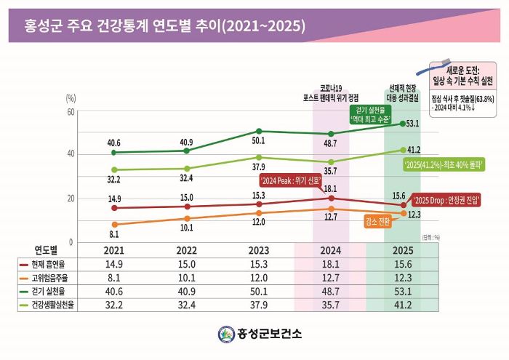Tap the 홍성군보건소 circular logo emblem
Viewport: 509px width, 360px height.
tap(226, 334)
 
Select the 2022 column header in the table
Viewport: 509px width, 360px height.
tap(186, 251)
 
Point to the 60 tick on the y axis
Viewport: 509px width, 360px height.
tap(71, 111)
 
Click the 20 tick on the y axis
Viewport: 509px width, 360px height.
tap(71, 199)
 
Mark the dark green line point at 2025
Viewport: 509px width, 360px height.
tap(403, 124)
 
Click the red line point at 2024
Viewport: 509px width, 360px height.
tap(331, 198)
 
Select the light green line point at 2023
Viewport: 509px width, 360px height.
tap(259, 157)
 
